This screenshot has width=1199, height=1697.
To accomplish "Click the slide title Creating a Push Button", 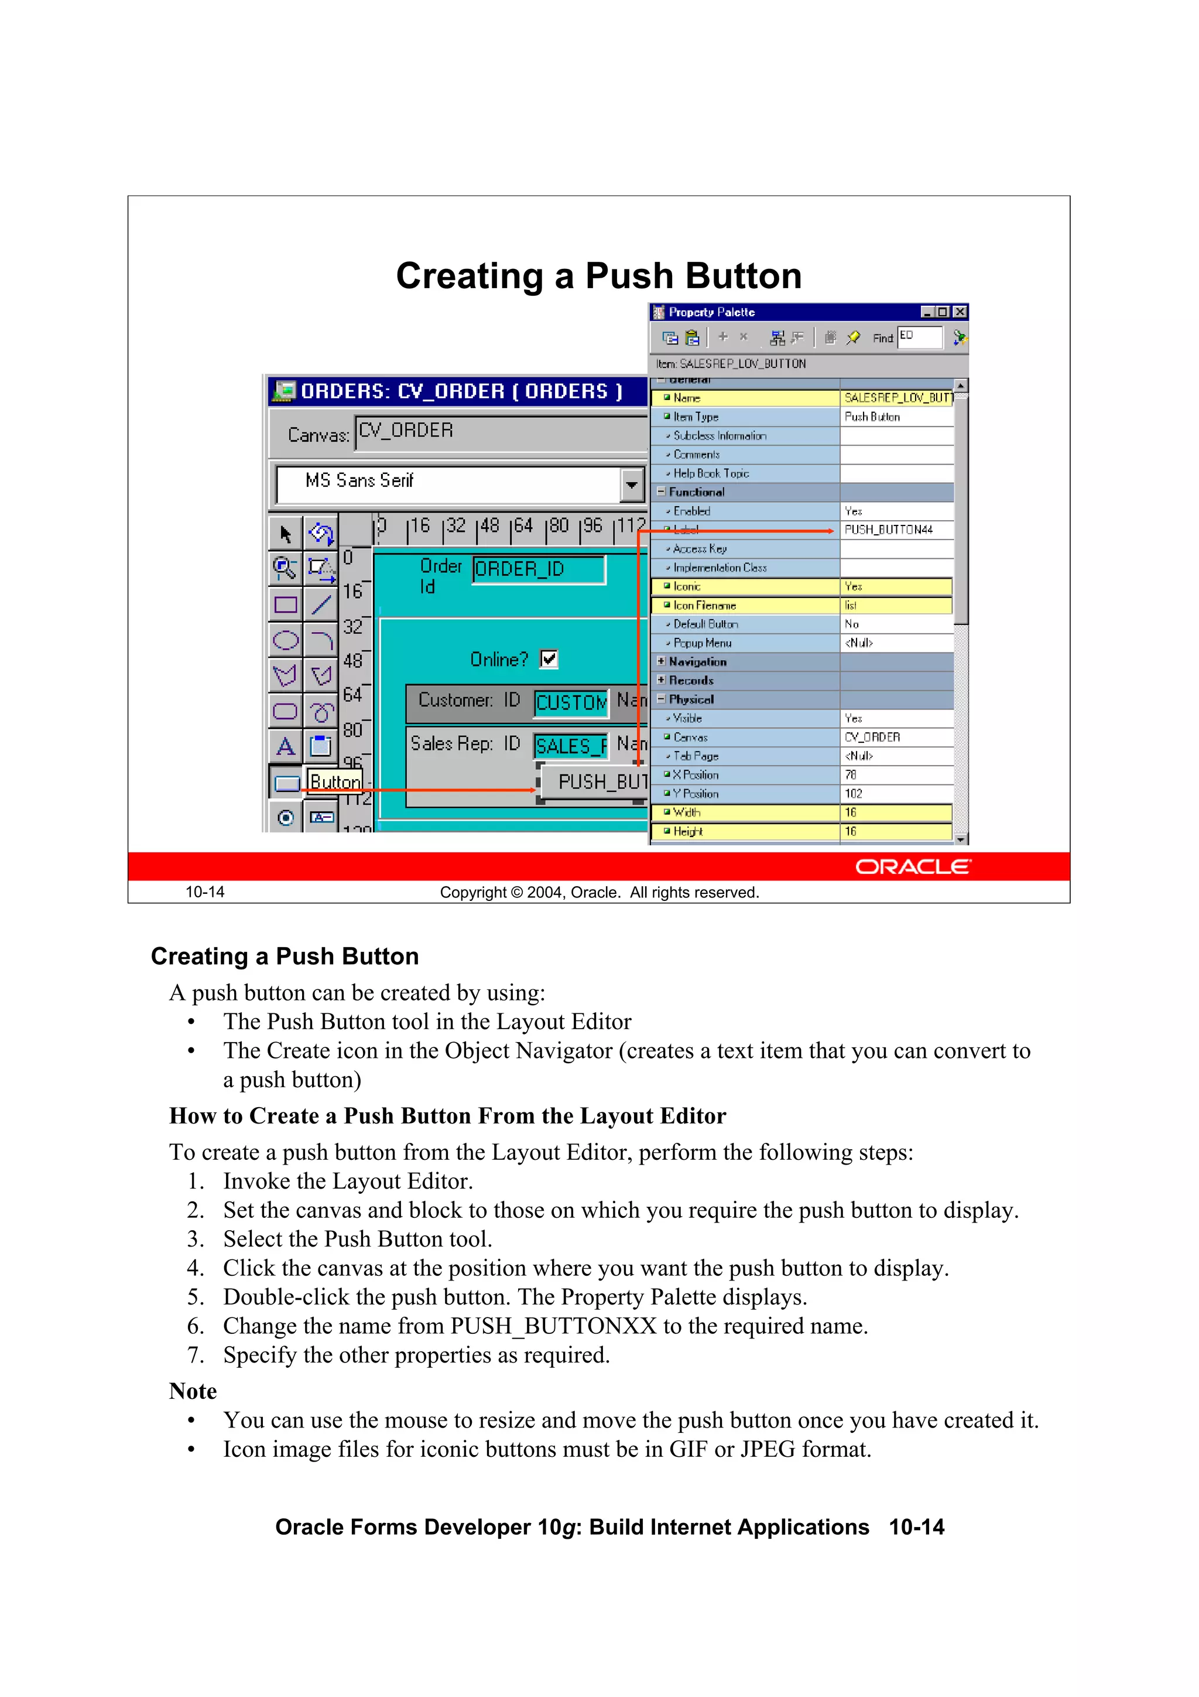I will [x=598, y=276].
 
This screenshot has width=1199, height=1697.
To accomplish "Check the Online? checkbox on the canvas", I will [x=549, y=658].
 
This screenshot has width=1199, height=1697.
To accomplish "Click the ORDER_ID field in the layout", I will [x=539, y=569].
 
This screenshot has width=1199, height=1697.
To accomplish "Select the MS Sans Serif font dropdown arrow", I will [x=631, y=485].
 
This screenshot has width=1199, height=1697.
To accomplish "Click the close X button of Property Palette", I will [x=960, y=312].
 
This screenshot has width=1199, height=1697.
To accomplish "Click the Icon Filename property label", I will [x=704, y=605].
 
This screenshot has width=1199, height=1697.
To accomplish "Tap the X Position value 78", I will [x=851, y=774].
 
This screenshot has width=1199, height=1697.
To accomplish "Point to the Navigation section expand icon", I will [x=661, y=661].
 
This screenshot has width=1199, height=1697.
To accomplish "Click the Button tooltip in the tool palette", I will [x=335, y=781].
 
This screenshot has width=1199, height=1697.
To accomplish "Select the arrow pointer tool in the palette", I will [x=286, y=534].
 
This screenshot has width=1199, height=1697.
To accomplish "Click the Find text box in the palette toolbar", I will [x=919, y=337].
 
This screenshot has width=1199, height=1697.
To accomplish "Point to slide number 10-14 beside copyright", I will [x=205, y=892].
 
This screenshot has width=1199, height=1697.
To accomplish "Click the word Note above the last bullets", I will [x=193, y=1391].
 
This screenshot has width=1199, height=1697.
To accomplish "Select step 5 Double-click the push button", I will [x=515, y=1296].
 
